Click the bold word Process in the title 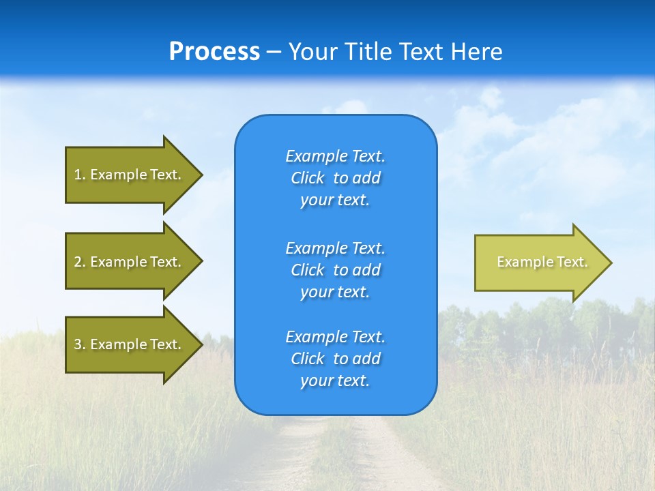click(x=214, y=52)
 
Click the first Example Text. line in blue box click(x=335, y=156)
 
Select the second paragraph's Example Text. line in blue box click(x=335, y=248)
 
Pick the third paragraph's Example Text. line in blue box click(x=335, y=337)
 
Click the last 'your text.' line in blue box click(x=335, y=381)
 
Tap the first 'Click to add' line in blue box click(x=335, y=179)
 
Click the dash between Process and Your click(x=274, y=53)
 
